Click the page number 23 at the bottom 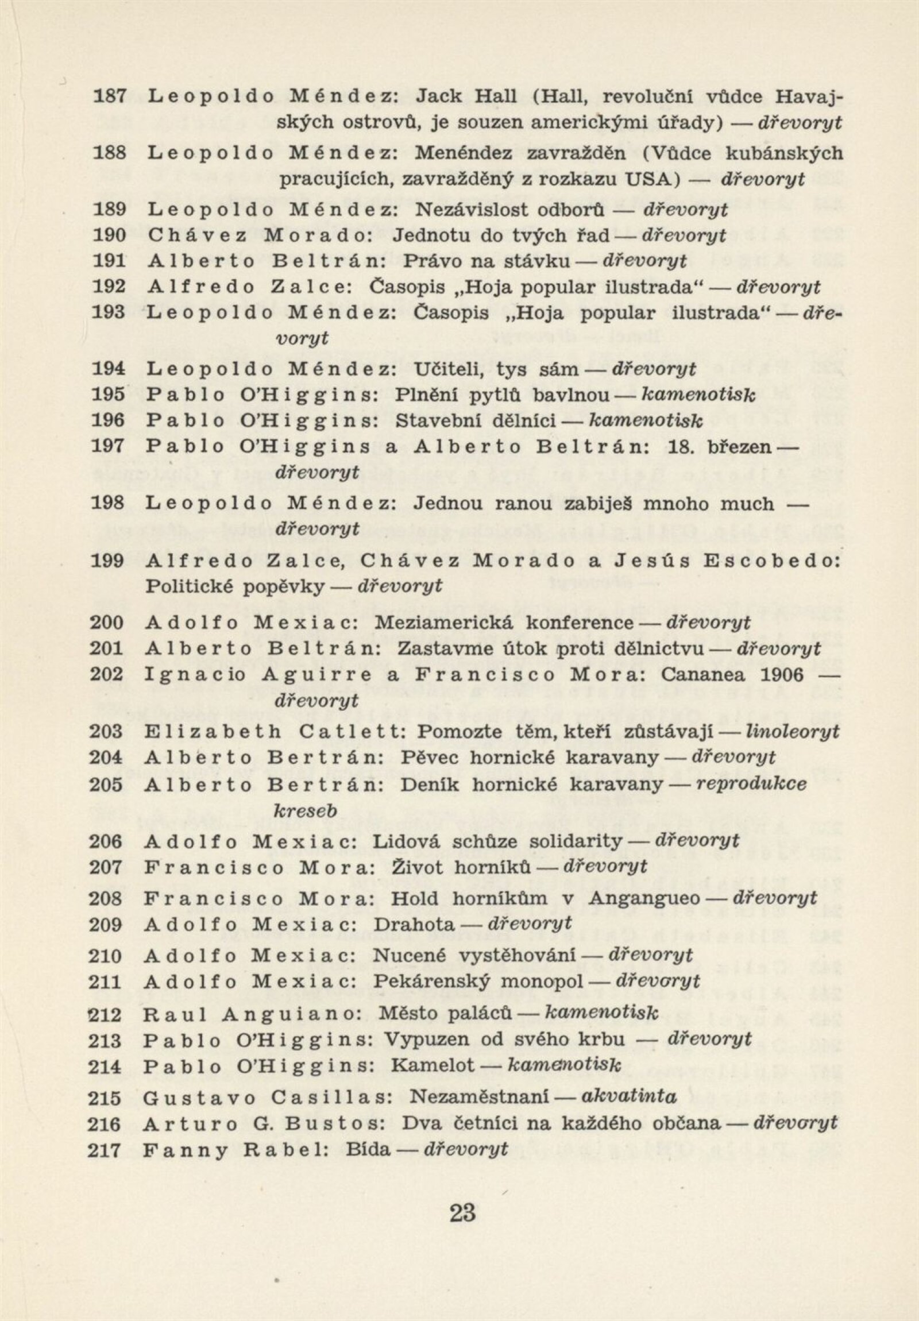point(463,1214)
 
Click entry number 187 point(109,96)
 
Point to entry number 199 point(107,561)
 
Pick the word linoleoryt point(792,731)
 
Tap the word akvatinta point(630,1096)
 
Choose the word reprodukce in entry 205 point(751,784)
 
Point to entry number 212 point(106,1014)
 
